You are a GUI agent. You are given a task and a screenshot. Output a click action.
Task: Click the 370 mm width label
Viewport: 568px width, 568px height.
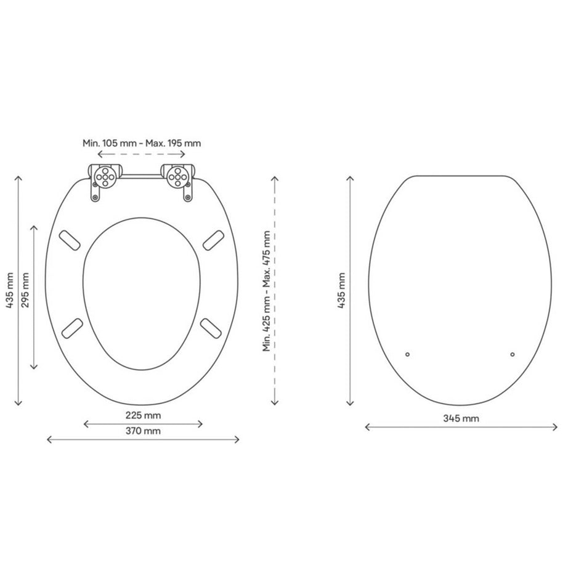(143, 431)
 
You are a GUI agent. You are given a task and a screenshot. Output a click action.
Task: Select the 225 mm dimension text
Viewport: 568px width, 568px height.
(143, 415)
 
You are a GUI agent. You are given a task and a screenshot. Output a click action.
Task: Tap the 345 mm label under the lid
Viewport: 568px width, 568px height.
(461, 419)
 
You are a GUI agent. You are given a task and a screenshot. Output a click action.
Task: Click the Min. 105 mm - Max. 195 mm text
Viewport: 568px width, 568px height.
(142, 142)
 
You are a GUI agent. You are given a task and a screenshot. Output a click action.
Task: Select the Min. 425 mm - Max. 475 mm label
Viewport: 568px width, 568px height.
(266, 291)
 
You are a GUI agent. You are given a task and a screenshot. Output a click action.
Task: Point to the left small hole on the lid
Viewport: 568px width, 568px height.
(408, 354)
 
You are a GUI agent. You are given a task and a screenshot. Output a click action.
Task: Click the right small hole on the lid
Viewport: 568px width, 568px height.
(513, 354)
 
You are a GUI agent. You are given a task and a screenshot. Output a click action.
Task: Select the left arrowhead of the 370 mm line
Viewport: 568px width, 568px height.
(49, 439)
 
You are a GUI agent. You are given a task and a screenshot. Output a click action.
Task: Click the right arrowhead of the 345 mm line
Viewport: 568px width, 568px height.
(556, 427)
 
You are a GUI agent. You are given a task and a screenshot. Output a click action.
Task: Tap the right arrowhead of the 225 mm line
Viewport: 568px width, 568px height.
(201, 423)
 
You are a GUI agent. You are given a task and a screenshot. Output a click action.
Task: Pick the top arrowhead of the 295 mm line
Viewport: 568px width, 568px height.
(34, 226)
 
